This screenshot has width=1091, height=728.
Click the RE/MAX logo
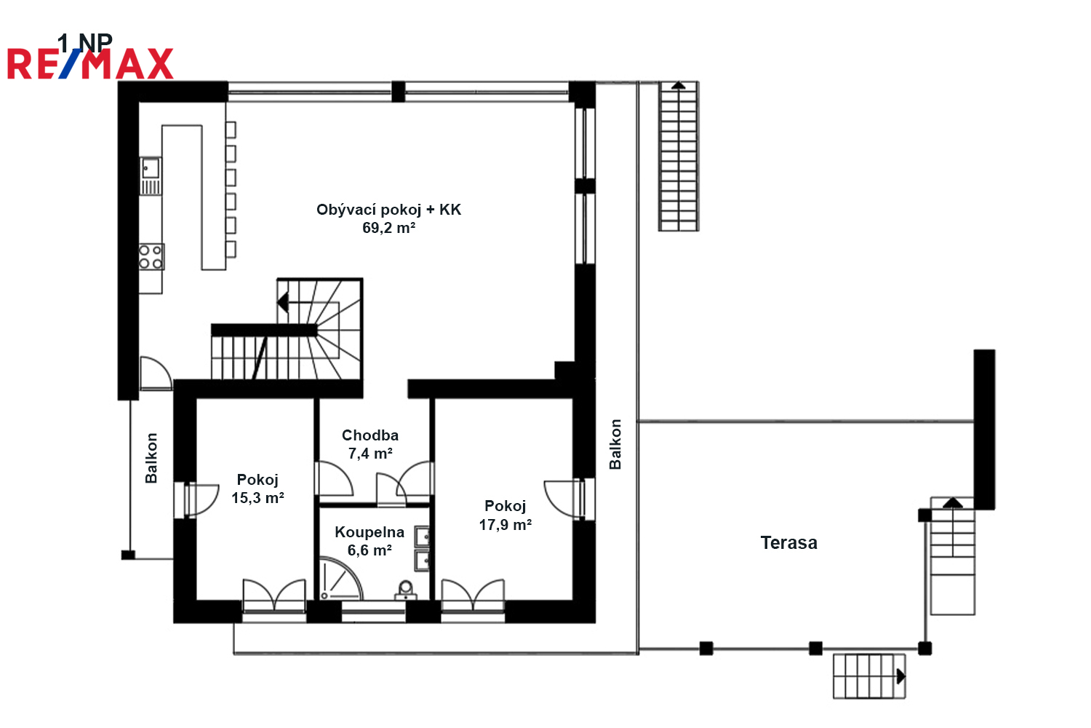tap(90, 63)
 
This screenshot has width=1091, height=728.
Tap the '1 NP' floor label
tap(85, 42)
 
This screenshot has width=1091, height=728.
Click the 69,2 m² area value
tap(388, 228)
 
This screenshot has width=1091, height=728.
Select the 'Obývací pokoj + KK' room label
tap(388, 210)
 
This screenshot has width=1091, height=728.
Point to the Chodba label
tap(370, 435)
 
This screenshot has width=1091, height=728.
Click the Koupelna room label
tap(369, 532)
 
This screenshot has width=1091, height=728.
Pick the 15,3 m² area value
tap(257, 498)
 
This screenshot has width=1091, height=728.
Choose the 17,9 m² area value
tap(505, 525)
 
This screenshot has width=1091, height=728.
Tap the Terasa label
tap(789, 542)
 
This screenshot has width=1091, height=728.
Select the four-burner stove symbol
tap(151, 257)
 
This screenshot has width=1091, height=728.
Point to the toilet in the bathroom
tap(405, 590)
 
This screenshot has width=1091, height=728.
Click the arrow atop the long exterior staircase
tap(678, 85)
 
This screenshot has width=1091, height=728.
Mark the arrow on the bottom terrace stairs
tap(901, 676)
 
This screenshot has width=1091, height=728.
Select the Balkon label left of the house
tap(151, 459)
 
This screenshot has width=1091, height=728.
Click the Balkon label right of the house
tap(615, 444)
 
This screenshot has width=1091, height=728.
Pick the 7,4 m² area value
tap(370, 454)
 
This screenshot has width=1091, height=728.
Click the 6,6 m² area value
tap(369, 550)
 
